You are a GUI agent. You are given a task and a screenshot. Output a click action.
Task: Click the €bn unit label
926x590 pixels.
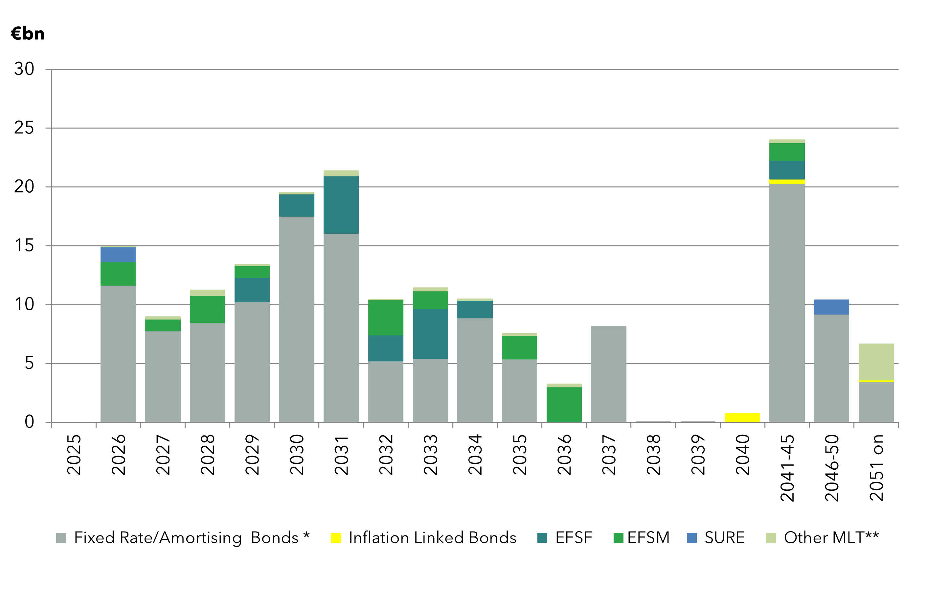(28, 34)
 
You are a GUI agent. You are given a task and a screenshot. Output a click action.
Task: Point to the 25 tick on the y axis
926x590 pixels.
(24, 128)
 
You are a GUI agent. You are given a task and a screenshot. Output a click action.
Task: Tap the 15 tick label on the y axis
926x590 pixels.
(24, 246)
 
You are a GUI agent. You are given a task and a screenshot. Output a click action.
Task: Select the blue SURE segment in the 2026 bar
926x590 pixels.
(118, 255)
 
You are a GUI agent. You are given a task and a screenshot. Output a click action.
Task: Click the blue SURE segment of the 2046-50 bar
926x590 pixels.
(831, 307)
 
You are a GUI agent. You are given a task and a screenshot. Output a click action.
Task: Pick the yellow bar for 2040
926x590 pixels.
(742, 417)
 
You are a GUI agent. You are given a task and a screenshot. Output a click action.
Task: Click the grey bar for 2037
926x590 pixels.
(608, 374)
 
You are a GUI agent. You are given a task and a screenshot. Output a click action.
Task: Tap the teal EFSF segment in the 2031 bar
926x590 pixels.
(341, 205)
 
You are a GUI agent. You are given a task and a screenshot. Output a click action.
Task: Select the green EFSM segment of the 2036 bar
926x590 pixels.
(564, 404)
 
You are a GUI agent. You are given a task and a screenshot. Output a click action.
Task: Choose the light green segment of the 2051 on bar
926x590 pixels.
(876, 362)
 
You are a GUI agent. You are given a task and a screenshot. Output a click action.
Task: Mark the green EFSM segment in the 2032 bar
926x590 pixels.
(386, 318)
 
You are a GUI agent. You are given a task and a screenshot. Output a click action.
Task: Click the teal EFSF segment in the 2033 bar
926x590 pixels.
(430, 334)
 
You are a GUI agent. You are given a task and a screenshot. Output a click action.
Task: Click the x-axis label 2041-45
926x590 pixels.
(787, 468)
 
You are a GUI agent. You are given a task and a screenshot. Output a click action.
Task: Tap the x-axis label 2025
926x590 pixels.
(74, 455)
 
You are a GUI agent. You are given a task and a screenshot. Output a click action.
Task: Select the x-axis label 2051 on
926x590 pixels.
(876, 468)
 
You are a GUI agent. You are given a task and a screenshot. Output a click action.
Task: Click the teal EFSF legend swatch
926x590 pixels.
(542, 538)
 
